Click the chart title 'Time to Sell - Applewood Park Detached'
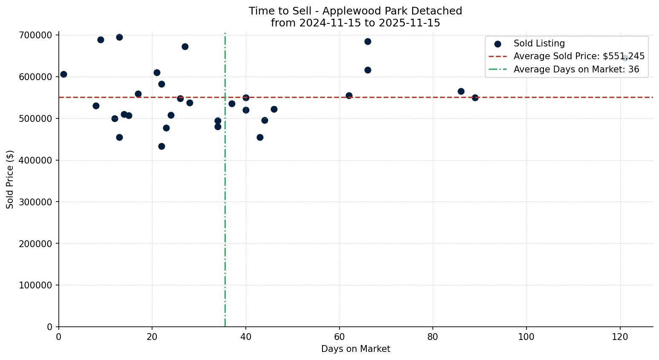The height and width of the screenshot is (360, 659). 355,11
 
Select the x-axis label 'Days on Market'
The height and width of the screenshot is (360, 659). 355,349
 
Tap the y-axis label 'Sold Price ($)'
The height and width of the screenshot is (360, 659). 10,179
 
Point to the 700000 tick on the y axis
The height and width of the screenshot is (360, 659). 38,35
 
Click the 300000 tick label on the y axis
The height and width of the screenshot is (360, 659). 38,202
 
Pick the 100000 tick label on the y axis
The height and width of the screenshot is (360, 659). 38,285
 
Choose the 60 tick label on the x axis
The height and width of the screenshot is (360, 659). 340,337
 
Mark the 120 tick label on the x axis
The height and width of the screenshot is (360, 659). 620,337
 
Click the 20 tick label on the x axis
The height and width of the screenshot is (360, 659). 152,337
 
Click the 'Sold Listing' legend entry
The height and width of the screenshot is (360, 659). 539,43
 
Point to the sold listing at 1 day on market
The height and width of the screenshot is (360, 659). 63,74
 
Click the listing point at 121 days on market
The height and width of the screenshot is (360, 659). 624,58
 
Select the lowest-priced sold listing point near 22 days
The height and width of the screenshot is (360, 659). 161,146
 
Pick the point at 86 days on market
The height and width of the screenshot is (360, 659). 461,91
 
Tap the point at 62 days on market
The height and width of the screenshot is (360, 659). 349,95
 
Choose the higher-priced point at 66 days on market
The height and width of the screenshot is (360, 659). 368,41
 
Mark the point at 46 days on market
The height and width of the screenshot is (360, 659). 274,109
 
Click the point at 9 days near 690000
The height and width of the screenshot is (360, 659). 101,40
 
